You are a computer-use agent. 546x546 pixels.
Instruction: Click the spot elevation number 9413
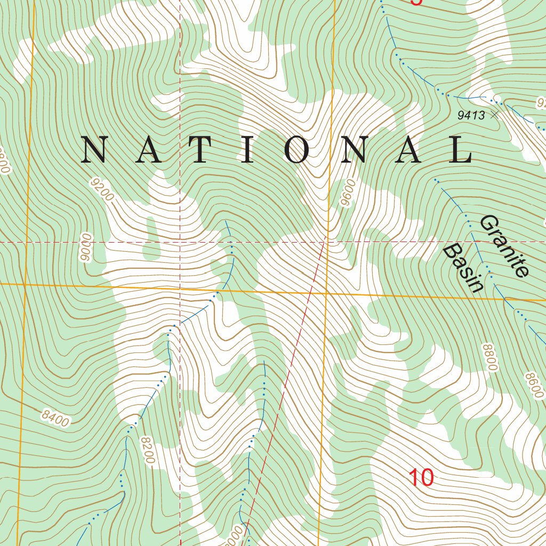pos(471,115)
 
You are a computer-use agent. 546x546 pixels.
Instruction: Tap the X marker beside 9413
pos(495,114)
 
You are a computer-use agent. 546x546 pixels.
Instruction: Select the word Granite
pos(504,246)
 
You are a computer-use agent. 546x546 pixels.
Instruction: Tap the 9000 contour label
pos(85,247)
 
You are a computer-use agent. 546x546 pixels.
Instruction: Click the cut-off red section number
pos(416,2)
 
